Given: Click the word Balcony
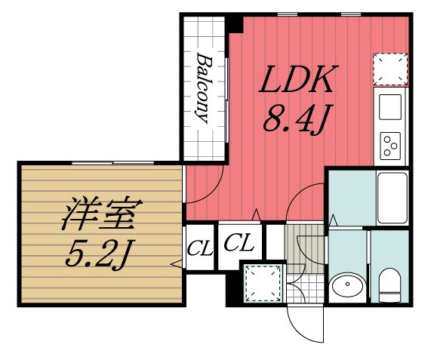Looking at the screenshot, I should tap(204, 88).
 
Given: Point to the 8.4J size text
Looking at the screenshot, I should tap(294, 119).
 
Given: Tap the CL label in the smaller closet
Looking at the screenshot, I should tap(200, 247).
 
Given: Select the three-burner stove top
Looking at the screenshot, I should tap(391, 144).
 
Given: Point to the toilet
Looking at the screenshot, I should tap(389, 282).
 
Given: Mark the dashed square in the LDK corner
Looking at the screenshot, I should tap(389, 67).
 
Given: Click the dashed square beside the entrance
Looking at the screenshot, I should tap(262, 282).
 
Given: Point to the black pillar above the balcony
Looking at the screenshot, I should tap(235, 23).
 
